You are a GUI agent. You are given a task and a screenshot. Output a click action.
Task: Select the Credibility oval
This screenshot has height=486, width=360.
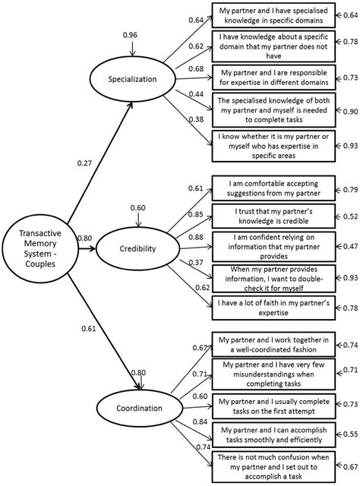point(138,248)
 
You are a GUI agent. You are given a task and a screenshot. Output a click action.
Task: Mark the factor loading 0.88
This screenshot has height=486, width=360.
point(196,237)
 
